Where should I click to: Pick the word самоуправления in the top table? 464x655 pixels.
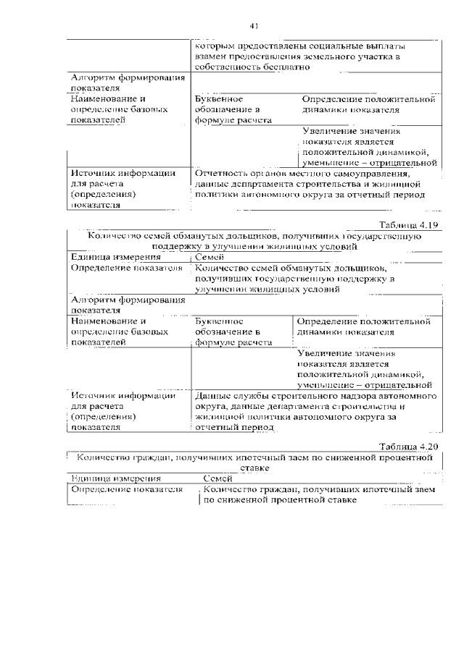[x=373, y=174]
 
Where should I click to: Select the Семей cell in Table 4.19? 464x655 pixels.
[x=210, y=257]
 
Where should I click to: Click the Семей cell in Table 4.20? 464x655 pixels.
[x=217, y=478]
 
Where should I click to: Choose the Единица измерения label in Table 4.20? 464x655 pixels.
[x=115, y=478]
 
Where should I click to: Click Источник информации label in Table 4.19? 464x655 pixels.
[x=123, y=397]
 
